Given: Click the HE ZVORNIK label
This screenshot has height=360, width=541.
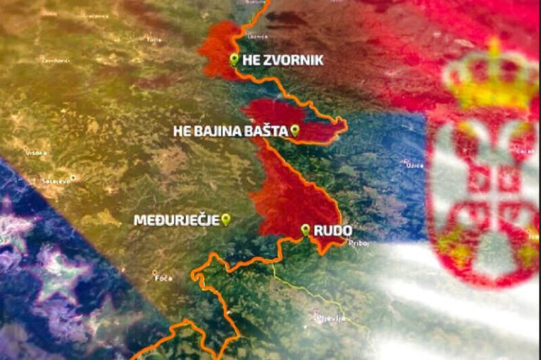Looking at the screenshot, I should [x=282, y=61].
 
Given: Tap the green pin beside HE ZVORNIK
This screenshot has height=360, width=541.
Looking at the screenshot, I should [x=234, y=59].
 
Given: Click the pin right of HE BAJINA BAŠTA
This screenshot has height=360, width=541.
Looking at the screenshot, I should [x=294, y=130].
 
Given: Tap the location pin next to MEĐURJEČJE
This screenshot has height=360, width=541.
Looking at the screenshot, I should [x=225, y=219].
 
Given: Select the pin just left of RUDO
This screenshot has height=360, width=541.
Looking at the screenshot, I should [x=305, y=229].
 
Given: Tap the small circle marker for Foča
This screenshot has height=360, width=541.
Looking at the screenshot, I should [x=155, y=271].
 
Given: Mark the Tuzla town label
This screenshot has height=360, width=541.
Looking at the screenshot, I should [x=153, y=39].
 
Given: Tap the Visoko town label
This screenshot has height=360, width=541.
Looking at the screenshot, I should [x=37, y=151].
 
